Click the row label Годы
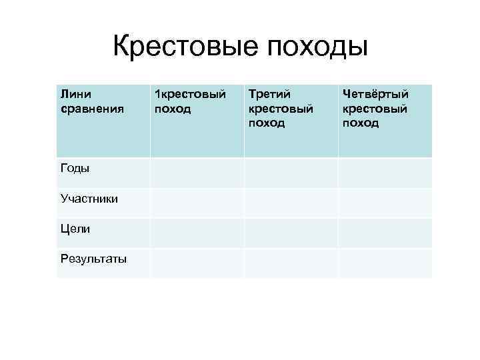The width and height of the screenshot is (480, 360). [74, 169]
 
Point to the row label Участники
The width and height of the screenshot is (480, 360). [89, 199]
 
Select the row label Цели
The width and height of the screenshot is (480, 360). [74, 229]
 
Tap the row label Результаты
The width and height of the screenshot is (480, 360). [93, 259]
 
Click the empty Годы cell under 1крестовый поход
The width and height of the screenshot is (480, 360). [197, 172]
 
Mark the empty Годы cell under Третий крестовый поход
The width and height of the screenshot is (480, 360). [291, 172]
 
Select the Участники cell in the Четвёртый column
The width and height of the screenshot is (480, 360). [385, 203]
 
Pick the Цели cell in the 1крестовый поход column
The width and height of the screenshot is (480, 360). [197, 233]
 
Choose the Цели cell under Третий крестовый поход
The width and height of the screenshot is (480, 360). [291, 233]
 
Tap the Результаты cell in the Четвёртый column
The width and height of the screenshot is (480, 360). [385, 263]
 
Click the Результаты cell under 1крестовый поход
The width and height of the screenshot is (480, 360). [197, 263]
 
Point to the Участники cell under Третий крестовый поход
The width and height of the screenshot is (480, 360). [291, 203]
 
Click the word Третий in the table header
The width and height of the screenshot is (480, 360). [269, 95]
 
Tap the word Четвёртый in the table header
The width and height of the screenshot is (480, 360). [375, 95]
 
